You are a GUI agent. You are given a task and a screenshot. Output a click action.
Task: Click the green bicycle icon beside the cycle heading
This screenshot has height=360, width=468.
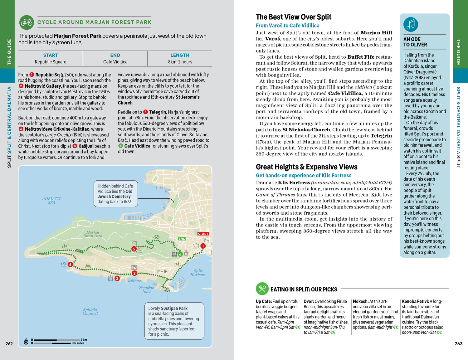(27, 22)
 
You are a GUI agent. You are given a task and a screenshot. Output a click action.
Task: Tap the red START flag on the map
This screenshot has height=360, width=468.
(203, 234)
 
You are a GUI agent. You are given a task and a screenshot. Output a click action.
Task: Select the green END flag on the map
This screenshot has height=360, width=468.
(182, 239)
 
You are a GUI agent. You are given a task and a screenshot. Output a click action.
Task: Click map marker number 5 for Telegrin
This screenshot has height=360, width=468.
(134, 249)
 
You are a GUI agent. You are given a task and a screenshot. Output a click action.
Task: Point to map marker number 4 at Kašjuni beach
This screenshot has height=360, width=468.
(70, 265)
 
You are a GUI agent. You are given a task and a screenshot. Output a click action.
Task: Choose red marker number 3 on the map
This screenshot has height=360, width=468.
(117, 278)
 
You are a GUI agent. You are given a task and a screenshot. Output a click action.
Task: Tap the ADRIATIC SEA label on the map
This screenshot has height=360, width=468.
(52, 201)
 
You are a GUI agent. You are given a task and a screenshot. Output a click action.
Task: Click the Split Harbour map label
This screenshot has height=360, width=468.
(198, 273)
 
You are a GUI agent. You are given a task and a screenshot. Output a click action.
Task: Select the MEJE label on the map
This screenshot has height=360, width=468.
(162, 271)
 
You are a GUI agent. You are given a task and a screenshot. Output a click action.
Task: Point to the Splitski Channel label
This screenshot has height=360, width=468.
(90, 311)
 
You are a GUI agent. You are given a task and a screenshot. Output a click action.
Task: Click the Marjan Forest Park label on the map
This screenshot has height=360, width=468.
(93, 234)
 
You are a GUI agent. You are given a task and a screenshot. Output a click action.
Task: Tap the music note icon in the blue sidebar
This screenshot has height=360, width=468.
(411, 24)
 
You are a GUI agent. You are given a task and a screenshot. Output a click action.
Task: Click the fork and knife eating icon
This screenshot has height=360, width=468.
(262, 289)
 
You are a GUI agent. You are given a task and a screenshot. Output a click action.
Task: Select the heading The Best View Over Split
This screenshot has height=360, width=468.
(293, 17)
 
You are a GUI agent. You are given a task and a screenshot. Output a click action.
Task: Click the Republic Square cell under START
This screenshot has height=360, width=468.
(51, 62)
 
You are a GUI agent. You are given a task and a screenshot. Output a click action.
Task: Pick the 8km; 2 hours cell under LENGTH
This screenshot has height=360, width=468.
(180, 62)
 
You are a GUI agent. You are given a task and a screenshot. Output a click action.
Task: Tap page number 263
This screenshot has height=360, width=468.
(458, 343)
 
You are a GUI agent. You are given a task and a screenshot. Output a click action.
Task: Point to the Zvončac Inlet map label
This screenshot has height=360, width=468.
(146, 290)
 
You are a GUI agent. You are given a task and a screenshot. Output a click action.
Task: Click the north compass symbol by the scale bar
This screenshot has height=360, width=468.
(26, 342)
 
